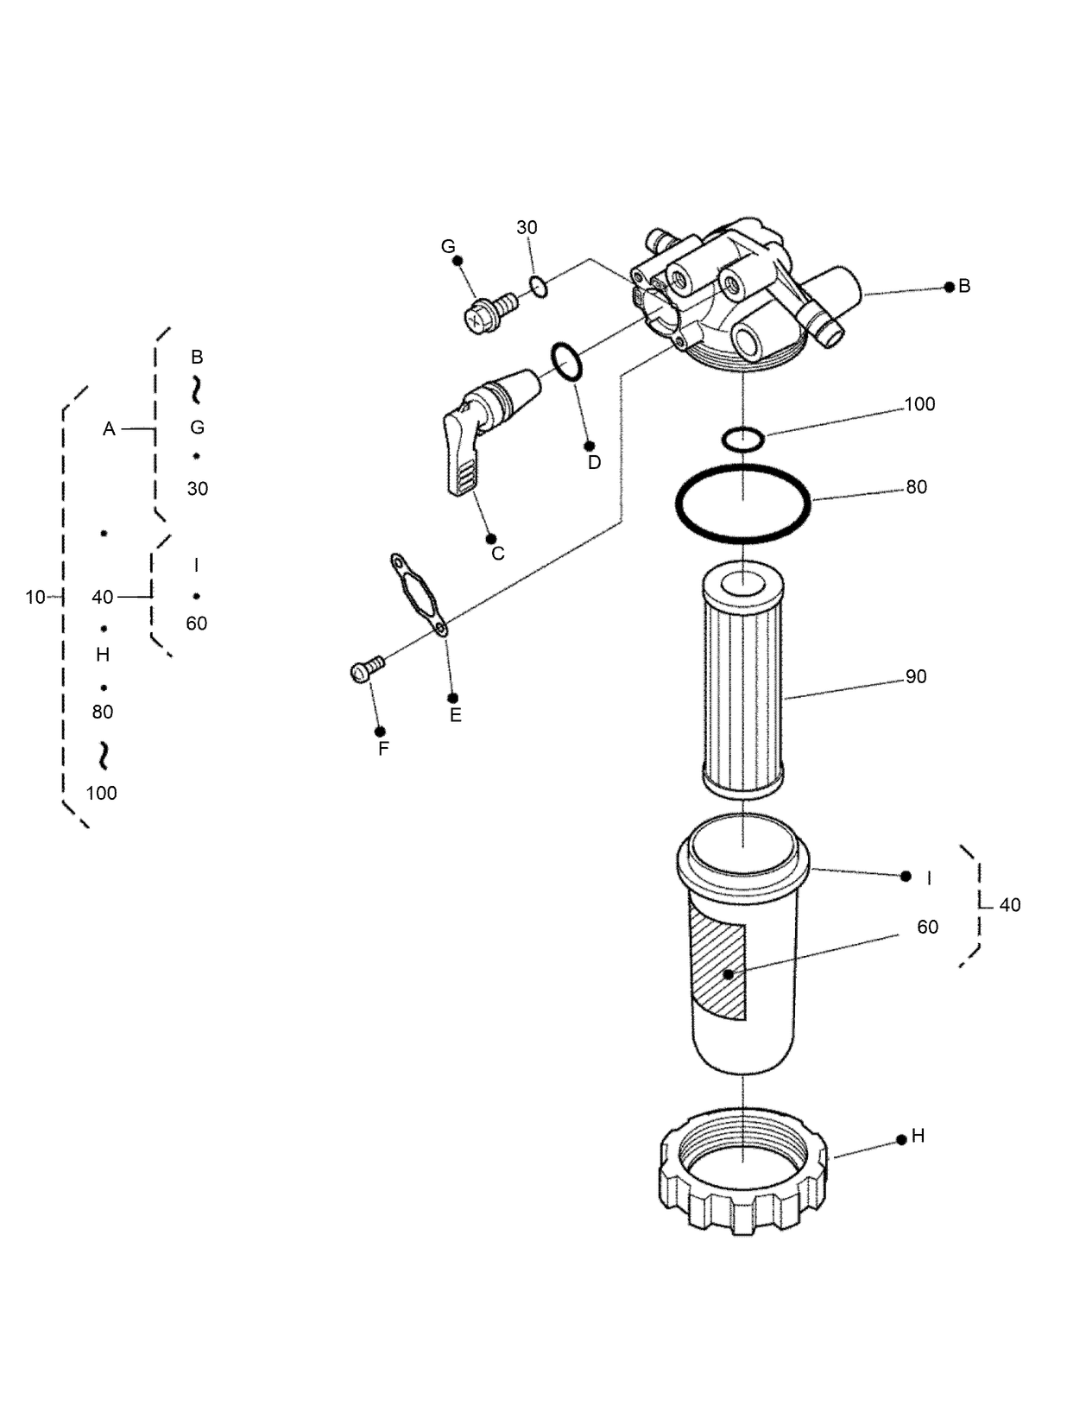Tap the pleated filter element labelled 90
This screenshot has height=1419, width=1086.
[742, 682]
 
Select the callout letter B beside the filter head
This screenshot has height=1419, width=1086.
[964, 286]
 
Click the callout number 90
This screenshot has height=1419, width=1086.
[916, 676]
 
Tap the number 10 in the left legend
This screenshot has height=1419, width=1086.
[35, 597]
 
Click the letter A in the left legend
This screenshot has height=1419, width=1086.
[109, 428]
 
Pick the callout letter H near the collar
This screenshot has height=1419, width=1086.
[918, 1136]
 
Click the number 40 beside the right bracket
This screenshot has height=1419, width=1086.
[1010, 904]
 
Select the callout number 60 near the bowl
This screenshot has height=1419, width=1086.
[927, 927]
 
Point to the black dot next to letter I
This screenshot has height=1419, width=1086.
[906, 876]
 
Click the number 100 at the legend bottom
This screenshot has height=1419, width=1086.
[102, 793]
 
